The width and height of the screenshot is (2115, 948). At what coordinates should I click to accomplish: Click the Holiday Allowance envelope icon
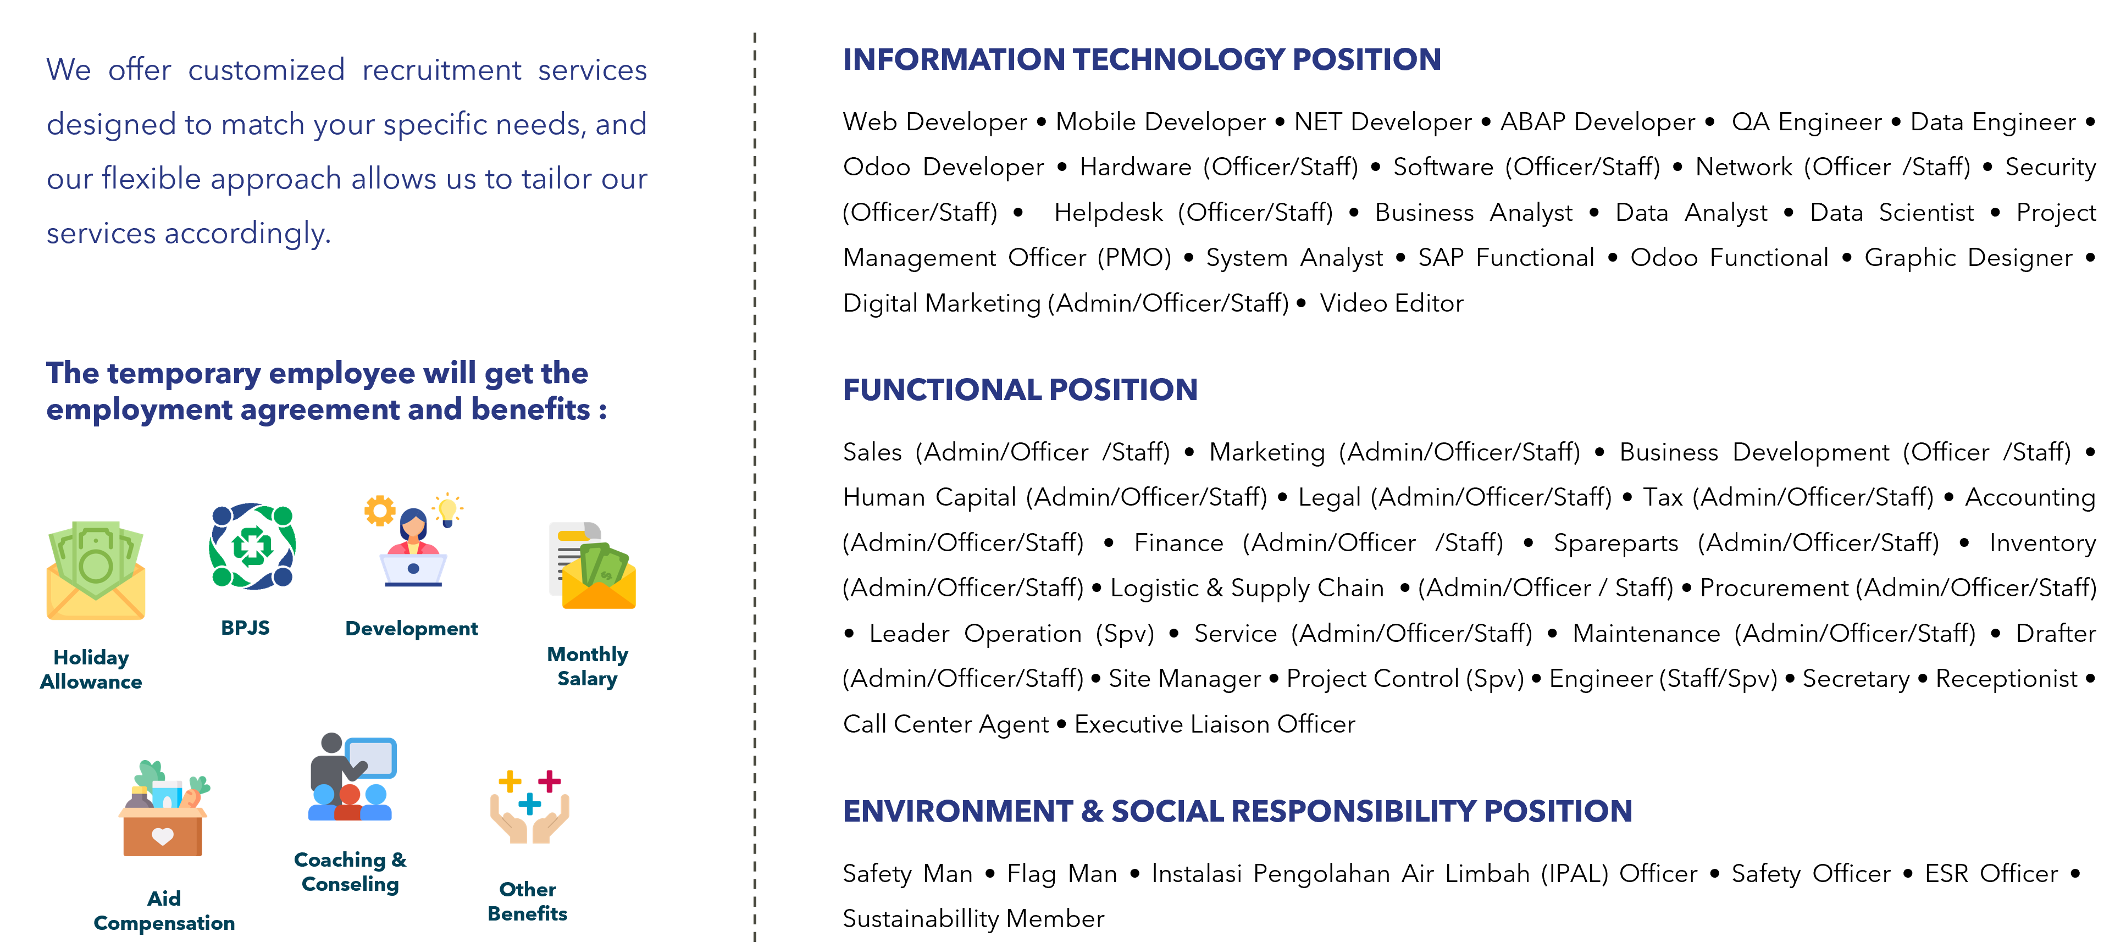click(96, 569)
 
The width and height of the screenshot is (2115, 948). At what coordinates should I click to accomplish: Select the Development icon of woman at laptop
click(413, 540)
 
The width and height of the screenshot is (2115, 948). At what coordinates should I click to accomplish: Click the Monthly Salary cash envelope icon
click(592, 566)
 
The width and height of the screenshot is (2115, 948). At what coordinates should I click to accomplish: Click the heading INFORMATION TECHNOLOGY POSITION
click(1141, 59)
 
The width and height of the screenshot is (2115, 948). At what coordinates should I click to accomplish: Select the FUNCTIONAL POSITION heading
click(1020, 389)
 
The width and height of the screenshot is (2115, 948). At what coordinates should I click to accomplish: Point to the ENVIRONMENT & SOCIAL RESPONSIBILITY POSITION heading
click(1237, 811)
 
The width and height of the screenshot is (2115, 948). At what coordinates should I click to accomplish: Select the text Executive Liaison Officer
click(1214, 724)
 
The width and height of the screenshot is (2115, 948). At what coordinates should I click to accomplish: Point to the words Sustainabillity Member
click(973, 918)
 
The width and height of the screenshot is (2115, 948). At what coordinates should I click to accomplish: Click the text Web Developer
click(934, 121)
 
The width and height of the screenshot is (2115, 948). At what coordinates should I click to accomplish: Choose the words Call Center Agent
click(946, 724)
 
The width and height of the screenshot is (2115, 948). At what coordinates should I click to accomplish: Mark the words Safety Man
click(907, 873)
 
